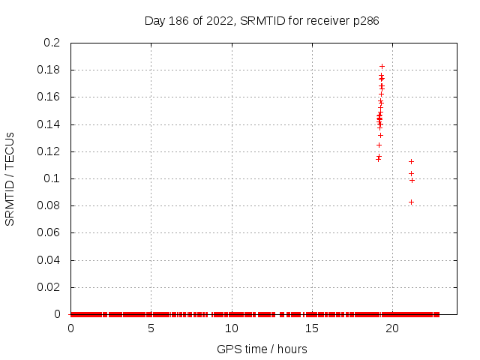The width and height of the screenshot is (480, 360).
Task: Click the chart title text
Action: [x=262, y=20]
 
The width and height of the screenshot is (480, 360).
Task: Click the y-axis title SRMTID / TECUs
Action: [x=10, y=178]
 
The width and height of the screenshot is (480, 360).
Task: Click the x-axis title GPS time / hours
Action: [x=262, y=349]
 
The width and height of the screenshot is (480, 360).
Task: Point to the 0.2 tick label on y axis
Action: [x=52, y=43]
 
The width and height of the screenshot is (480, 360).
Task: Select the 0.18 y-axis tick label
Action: [x=49, y=70]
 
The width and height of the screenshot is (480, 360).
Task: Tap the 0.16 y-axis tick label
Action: [x=49, y=97]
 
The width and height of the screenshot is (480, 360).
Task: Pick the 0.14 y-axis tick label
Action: [x=49, y=124]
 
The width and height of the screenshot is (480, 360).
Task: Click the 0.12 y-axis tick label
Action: [x=49, y=151]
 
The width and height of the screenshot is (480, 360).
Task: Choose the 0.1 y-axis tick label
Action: [x=52, y=178]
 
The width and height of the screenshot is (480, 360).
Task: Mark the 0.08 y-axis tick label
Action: [x=49, y=205]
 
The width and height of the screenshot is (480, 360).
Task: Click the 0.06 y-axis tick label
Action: [x=49, y=233]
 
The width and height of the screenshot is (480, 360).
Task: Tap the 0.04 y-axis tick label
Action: [x=49, y=260]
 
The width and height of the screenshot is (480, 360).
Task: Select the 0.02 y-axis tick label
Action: [x=49, y=287]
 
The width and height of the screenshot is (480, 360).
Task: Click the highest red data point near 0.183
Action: [x=382, y=66]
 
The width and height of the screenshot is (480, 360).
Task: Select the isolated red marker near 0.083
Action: [x=411, y=202]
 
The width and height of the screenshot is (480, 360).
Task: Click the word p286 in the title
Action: [x=366, y=20]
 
